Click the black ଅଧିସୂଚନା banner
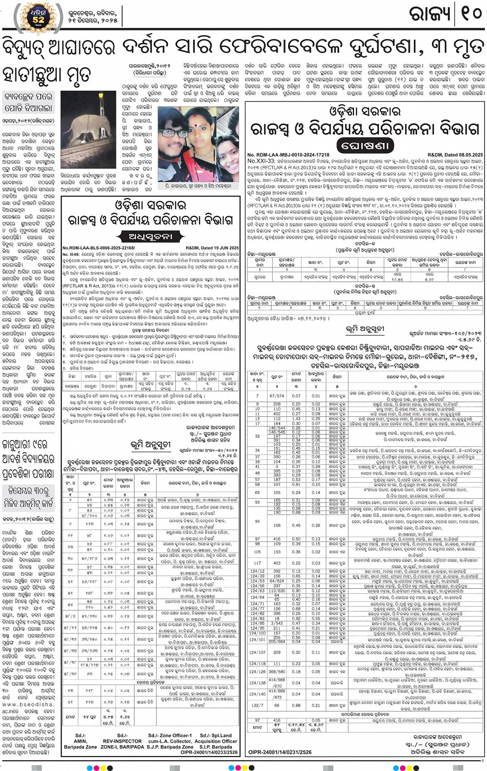pos(149,237)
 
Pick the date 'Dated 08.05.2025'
pos(456,155)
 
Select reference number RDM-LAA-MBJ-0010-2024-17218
pos(288,155)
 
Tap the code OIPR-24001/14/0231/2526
pos(280,752)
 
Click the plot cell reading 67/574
pos(277,396)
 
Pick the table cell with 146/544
pos(277,428)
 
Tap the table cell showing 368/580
pos(277,672)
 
